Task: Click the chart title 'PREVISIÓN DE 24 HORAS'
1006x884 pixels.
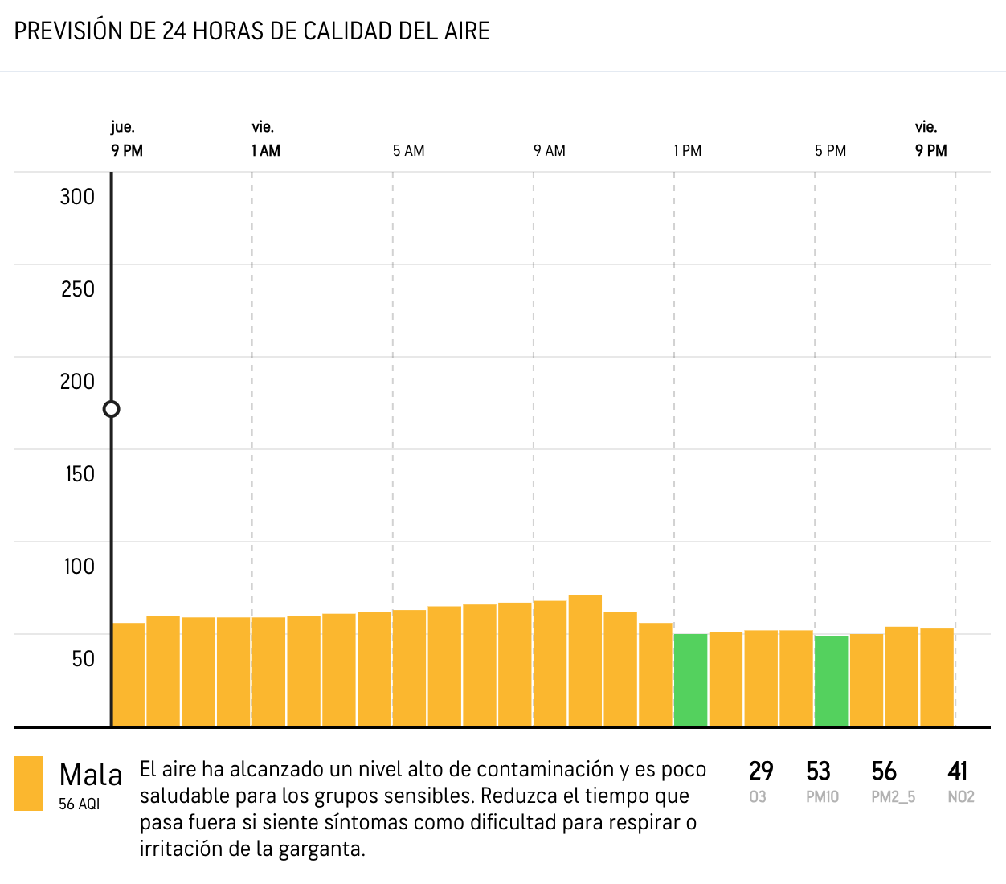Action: pos(251,31)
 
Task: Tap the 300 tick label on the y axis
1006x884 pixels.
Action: pos(77,197)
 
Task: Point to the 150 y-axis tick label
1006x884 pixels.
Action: pos(80,474)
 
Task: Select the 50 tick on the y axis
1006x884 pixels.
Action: pos(83,659)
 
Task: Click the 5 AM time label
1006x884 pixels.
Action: pos(408,151)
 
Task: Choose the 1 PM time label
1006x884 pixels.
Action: pos(688,151)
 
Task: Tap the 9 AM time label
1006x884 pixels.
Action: pos(550,151)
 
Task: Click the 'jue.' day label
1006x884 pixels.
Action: pos(123,127)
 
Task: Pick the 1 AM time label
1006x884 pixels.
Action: pos(266,151)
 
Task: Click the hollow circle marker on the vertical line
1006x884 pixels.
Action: pos(112,409)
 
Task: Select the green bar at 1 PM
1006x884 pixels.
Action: pos(690,680)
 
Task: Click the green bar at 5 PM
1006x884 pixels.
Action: pos(831,681)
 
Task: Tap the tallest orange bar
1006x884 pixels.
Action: pos(585,661)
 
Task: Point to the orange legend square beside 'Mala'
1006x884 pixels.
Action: pos(28,784)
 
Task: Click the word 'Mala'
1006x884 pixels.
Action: pos(91,776)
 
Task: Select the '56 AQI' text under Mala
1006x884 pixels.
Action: pos(79,804)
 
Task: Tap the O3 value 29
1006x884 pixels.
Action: pos(761,771)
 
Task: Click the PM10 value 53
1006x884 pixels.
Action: pos(818,771)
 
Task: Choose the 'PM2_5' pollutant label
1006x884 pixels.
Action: pos(893,797)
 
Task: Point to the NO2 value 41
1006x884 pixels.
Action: pos(957,771)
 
